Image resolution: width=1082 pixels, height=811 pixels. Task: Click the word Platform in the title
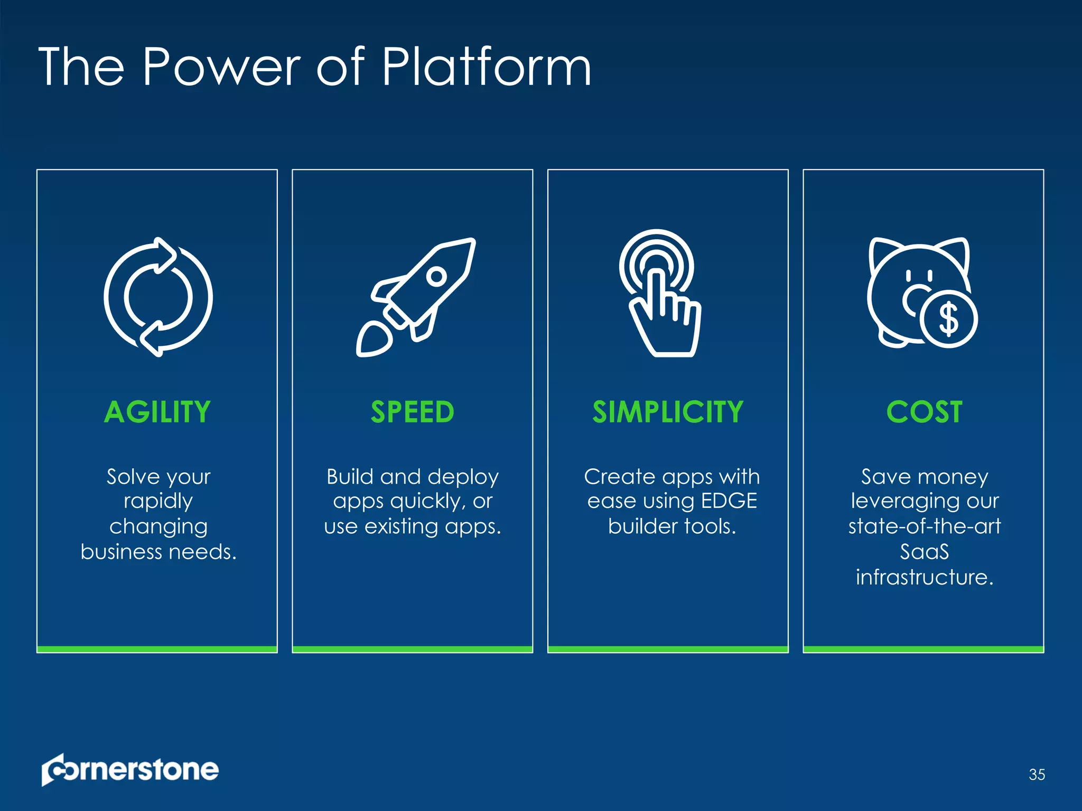(486, 67)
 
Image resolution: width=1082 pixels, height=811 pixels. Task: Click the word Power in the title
(221, 67)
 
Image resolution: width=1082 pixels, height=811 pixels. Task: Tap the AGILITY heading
(157, 412)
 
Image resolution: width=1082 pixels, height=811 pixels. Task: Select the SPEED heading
(412, 412)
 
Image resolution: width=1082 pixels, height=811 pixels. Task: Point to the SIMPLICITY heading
(668, 412)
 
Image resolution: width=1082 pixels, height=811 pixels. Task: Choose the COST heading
(924, 412)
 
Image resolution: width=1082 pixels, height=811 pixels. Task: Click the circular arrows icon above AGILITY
(158, 297)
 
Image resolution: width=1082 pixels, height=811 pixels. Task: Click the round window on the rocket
(436, 276)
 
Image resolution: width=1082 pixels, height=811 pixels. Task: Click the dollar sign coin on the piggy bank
(948, 319)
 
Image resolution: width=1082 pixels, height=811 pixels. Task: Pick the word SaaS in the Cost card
(924, 552)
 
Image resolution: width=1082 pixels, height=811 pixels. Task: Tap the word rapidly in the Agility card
(158, 501)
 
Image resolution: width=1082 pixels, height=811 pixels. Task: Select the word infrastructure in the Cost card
(924, 577)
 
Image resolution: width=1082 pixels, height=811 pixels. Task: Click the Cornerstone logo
(130, 770)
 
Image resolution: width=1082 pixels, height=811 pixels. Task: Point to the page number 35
(1037, 775)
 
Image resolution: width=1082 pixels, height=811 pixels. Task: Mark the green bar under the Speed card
(412, 649)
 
